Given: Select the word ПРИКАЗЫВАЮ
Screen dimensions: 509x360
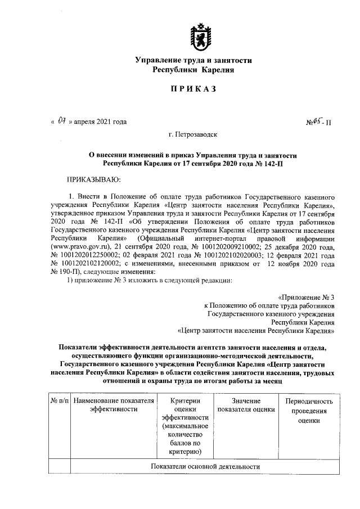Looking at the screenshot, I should pyautogui.click(x=94, y=179).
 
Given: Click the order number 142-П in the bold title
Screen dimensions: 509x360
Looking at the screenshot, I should pyautogui.click(x=278, y=163).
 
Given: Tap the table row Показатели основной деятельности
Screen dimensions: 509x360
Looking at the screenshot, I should pyautogui.click(x=205, y=467).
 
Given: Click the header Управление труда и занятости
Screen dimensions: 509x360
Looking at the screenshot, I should pyautogui.click(x=193, y=60).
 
